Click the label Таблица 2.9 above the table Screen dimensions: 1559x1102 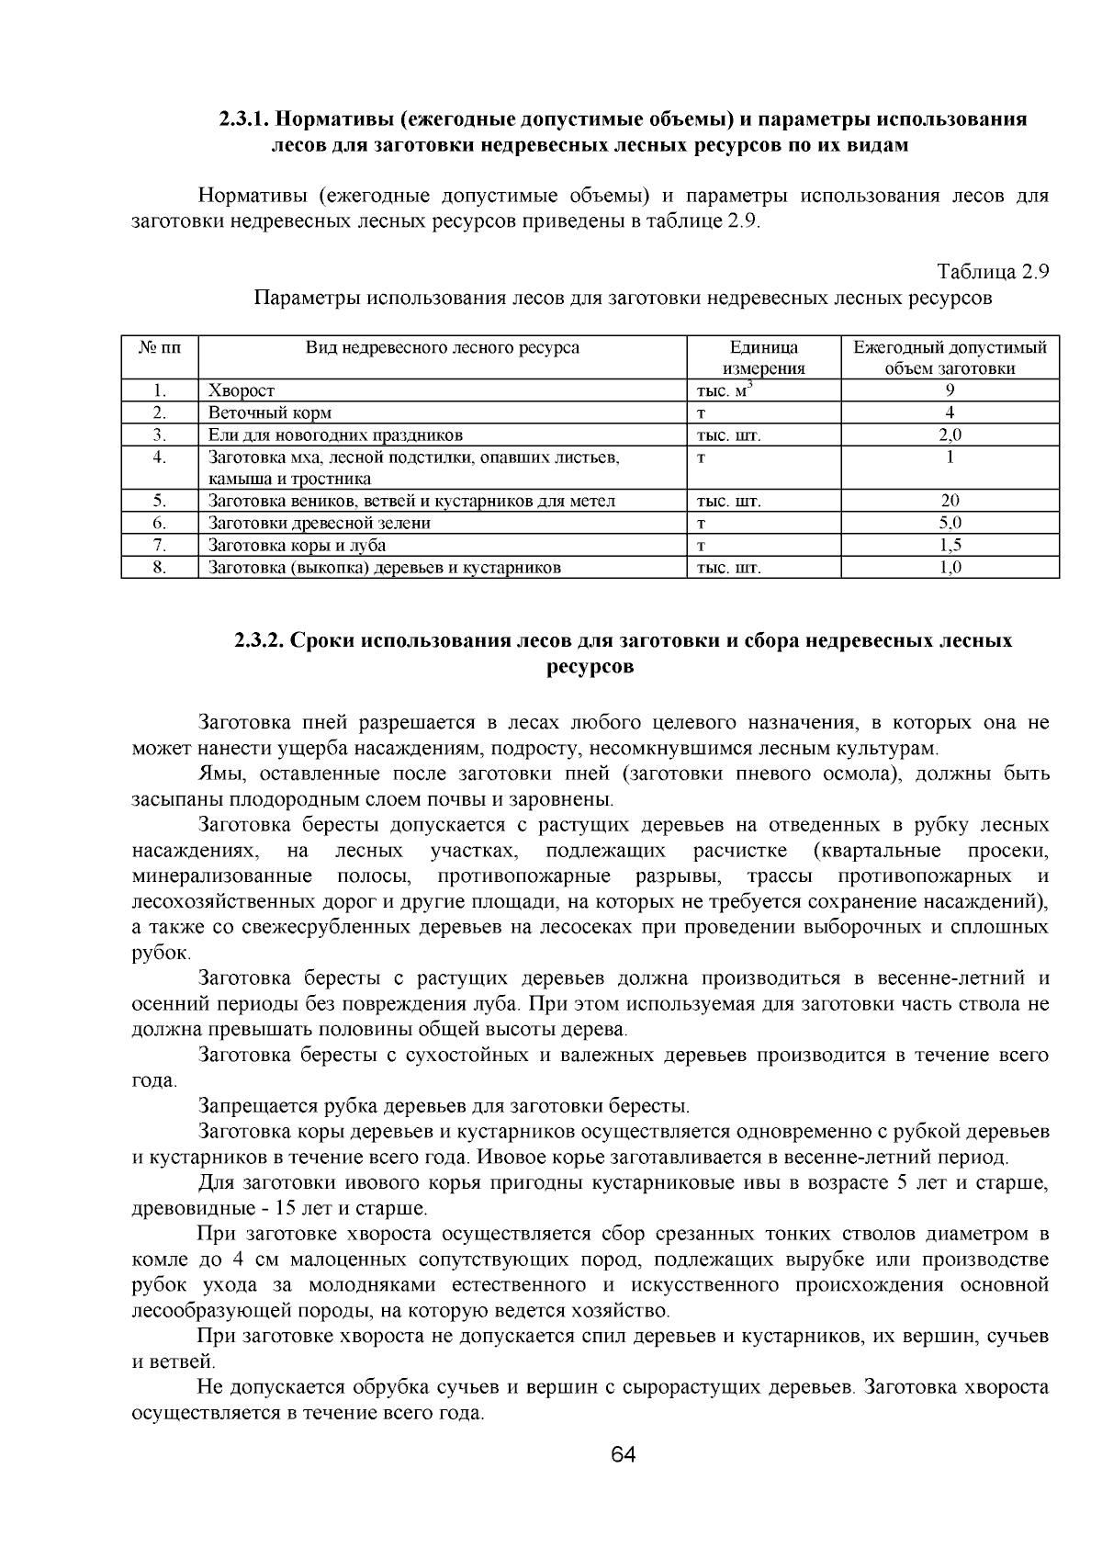coord(992,272)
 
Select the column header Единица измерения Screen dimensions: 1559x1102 coord(763,358)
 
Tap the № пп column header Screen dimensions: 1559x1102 coord(160,348)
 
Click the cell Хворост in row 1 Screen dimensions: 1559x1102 coord(242,391)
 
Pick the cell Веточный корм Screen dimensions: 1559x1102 coord(270,413)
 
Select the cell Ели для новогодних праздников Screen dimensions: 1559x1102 coord(335,435)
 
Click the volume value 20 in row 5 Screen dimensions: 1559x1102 coord(950,502)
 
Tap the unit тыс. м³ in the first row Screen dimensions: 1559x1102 coord(725,390)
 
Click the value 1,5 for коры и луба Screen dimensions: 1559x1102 coord(950,546)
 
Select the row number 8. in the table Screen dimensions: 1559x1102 coord(160,568)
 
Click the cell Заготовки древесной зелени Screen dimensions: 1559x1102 coord(320,524)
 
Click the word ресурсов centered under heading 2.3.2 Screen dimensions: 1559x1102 coord(590,666)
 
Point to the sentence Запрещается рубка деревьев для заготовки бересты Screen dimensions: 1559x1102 coord(444,1105)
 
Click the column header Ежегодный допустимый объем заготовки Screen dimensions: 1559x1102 coord(950,358)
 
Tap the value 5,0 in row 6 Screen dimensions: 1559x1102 coord(950,524)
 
